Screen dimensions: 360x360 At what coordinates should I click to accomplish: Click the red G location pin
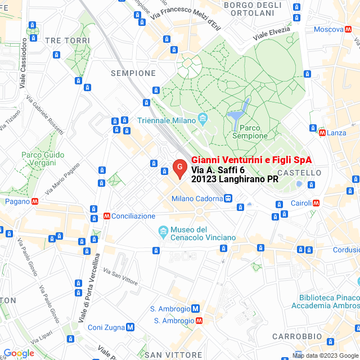[179, 168]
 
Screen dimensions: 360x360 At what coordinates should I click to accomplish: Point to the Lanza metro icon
[322, 133]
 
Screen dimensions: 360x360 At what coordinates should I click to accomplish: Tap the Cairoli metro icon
[316, 203]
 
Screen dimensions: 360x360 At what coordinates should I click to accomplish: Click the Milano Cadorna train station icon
[228, 198]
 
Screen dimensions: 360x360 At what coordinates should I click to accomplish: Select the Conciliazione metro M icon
[106, 215]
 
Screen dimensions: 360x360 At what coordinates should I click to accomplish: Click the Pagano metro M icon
[35, 201]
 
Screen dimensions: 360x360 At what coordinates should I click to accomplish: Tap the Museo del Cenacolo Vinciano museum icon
[163, 231]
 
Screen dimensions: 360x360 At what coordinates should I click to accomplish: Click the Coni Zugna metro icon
[130, 327]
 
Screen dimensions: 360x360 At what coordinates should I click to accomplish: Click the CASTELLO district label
[299, 172]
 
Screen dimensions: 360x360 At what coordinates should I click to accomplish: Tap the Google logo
[19, 353]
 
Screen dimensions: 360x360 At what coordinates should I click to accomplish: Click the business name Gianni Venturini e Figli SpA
[251, 160]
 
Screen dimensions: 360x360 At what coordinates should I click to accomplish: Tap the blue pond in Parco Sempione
[236, 115]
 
